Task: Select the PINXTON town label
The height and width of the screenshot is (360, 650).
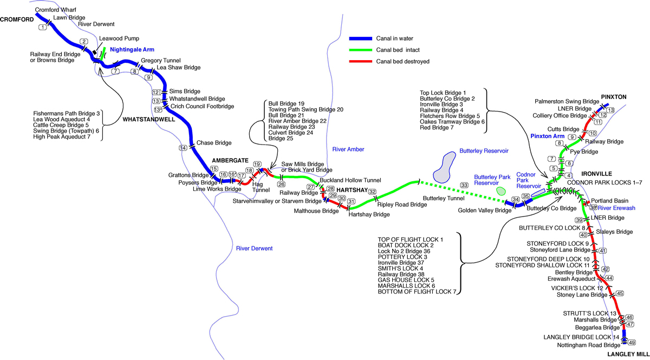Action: click(613, 97)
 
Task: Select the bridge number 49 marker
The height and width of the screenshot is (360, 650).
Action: click(631, 342)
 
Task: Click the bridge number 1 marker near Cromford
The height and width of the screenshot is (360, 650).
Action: click(42, 27)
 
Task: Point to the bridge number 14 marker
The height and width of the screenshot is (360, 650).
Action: click(183, 147)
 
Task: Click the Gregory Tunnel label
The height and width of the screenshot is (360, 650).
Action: click(160, 61)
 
